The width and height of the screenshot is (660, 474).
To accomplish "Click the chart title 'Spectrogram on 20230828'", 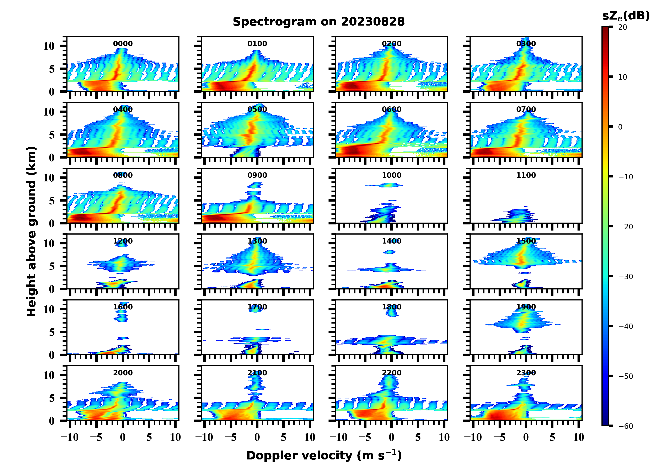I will [319, 22].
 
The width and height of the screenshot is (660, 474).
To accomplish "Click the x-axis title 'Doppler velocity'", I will [324, 455].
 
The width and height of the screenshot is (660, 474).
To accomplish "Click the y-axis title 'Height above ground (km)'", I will [31, 231].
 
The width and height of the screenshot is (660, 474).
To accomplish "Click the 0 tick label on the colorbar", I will [620, 127].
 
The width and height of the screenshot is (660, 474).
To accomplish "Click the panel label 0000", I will [123, 44].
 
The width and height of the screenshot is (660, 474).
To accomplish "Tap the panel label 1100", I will [526, 175].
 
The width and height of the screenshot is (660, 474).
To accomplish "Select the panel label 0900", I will [257, 175].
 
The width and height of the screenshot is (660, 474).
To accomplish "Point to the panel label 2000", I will [123, 373].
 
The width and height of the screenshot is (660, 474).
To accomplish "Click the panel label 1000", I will [391, 175].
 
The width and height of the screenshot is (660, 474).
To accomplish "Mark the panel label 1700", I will [257, 307].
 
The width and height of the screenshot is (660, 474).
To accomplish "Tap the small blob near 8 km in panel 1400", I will [389, 252].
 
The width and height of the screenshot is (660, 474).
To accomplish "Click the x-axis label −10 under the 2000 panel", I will [70, 437].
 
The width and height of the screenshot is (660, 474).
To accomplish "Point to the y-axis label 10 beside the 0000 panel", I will [49, 46].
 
